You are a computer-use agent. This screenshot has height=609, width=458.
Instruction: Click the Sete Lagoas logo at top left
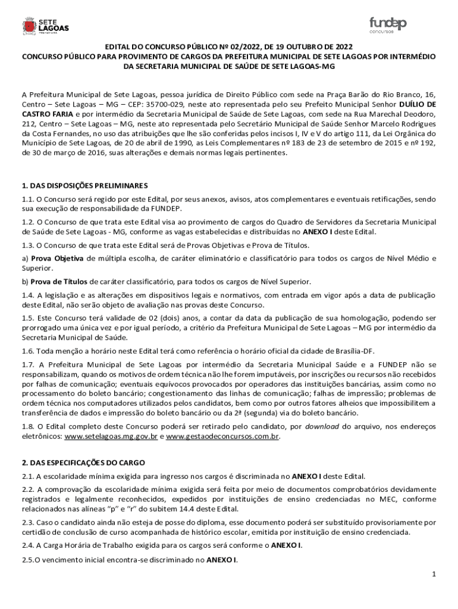[x=45, y=26]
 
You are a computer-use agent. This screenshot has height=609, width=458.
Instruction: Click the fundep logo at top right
[x=388, y=25]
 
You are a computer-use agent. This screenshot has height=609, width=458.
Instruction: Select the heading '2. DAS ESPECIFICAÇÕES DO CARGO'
[x=83, y=463]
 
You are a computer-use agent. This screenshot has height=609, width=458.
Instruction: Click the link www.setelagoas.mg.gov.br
[x=111, y=437]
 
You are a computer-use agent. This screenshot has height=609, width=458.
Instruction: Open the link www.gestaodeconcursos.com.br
[x=222, y=437]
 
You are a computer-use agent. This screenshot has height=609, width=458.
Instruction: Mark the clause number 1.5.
[x=28, y=318]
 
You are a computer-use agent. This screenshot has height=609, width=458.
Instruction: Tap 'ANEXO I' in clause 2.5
[x=221, y=560]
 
